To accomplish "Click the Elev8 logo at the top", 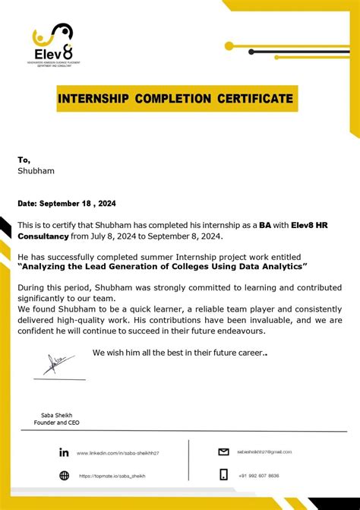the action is pos(52,43).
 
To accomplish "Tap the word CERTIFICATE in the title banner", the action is pos(254,99).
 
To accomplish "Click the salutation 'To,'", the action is pos(24,160).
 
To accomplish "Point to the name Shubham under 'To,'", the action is pos(36,171).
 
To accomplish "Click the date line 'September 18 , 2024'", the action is pos(77,204).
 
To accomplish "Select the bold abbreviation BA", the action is pos(265,226).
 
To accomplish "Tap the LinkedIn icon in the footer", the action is pos(64,452).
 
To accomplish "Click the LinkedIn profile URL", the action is pos(118,453).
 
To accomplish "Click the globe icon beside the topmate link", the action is pos(64,476).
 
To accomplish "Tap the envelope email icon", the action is pos(223,451).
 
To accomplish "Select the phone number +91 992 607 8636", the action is pos(257,476).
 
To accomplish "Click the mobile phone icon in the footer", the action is pos(223,475).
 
